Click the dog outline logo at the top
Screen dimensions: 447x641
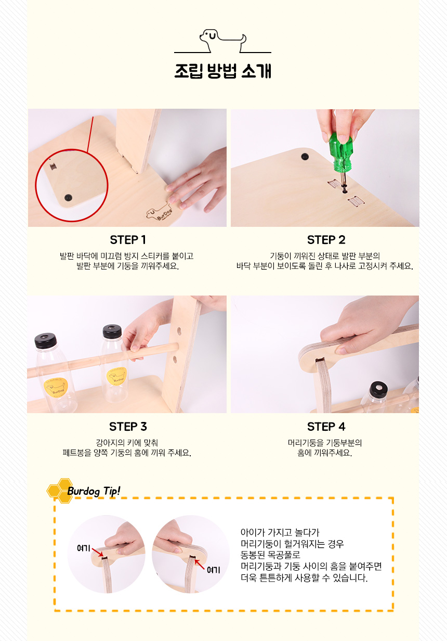point(222,41)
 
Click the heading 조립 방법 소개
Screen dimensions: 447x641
point(222,71)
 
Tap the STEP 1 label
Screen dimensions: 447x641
point(128,240)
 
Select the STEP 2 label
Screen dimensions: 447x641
point(326,240)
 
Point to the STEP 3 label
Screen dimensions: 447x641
point(128,427)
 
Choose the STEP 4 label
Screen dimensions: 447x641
point(326,427)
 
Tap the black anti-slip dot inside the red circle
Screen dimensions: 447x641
point(68,197)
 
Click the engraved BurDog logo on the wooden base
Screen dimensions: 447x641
point(160,212)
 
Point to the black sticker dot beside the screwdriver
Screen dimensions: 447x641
point(305,157)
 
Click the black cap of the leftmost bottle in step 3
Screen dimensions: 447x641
point(45,340)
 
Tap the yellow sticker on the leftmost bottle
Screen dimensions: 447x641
point(56,387)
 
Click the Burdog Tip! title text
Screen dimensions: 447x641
point(94,491)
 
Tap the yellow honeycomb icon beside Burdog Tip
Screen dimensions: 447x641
point(60,491)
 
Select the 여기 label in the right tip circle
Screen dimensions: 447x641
point(214,570)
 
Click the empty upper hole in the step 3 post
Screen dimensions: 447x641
point(179,331)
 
